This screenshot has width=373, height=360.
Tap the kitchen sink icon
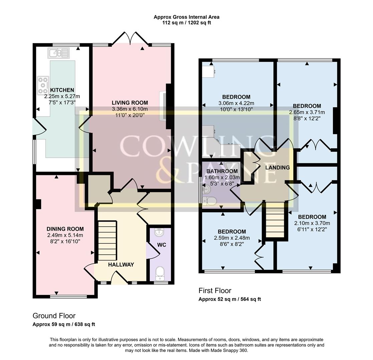coord(58,53)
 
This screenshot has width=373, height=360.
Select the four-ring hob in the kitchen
coord(43,85)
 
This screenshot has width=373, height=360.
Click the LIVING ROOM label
coord(130,103)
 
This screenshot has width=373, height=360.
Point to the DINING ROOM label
coord(65,229)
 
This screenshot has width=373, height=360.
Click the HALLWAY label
coord(121,265)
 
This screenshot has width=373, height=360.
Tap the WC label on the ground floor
coord(161,245)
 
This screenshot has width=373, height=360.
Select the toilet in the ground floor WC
coord(160,273)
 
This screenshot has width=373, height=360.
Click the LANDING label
coord(277,168)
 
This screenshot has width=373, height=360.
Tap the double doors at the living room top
coord(130,39)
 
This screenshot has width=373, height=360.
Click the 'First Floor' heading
coord(215,291)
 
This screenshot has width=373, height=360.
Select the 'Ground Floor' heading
coord(54,316)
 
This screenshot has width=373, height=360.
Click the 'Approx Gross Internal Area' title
coord(186,17)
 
